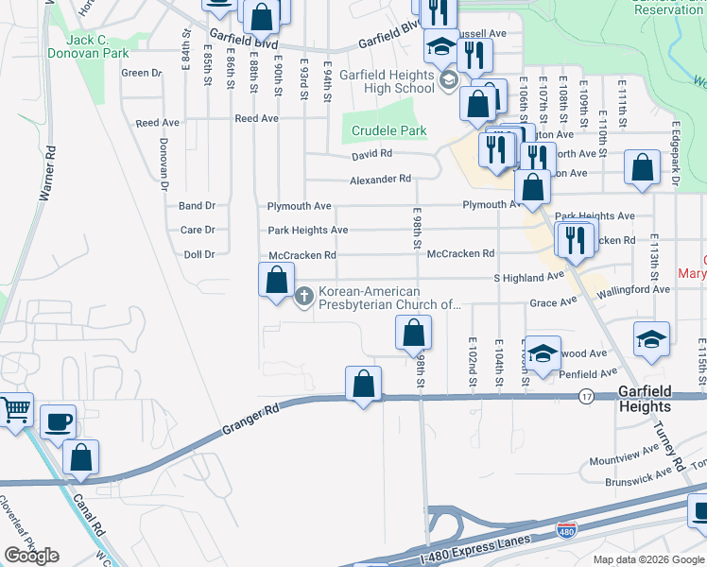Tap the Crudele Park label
388,130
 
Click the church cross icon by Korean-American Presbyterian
304,297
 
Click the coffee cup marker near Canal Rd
58,421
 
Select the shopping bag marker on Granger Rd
363,384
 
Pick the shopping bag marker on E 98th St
413,332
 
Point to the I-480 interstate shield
566,531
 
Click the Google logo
31,556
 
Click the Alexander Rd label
380,179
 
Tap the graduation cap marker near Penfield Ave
543,354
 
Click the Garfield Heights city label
645,399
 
